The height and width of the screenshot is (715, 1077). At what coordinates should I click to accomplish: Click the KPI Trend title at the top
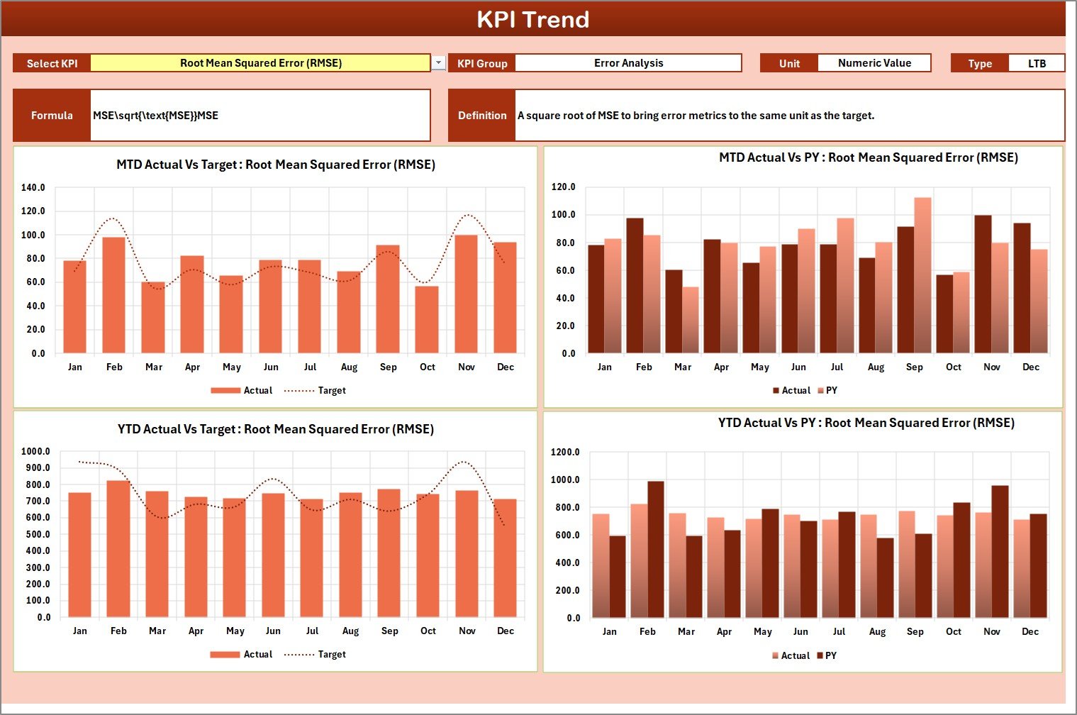pos(532,19)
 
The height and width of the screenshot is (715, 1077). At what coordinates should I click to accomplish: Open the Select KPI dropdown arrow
pos(439,63)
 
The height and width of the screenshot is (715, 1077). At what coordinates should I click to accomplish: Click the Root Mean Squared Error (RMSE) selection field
pos(260,63)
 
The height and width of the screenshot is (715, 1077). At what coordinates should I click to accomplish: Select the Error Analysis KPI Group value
pos(628,63)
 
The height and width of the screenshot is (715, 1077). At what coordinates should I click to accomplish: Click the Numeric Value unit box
pos(874,63)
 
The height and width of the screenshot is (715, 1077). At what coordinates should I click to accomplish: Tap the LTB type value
pos(1036,64)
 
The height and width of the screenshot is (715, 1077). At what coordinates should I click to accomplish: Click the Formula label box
pos(52,116)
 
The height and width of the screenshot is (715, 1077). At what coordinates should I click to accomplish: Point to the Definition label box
pos(482,116)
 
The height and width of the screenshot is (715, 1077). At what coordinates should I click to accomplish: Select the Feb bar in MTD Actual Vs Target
pos(114,295)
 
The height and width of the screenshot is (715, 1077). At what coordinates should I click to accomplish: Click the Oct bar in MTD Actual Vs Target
pos(427,319)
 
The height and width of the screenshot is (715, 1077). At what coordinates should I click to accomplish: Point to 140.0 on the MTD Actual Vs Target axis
pos(33,188)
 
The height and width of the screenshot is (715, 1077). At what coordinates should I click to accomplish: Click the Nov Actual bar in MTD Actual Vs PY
pos(983,284)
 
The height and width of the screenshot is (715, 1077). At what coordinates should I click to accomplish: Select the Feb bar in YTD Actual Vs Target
pos(118,548)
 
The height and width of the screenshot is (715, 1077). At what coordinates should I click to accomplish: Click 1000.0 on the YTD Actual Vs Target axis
pos(35,452)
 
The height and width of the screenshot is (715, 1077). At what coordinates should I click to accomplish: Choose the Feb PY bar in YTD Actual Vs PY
pos(656,550)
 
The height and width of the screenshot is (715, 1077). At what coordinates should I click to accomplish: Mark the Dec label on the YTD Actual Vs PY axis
pos(1029,632)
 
